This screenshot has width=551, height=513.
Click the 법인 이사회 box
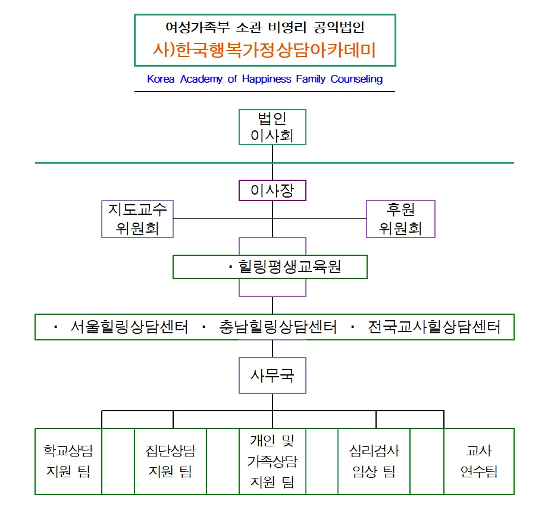273,127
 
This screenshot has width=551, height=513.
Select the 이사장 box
273,190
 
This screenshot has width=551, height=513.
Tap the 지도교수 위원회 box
137,219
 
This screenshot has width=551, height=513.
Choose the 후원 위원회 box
400,219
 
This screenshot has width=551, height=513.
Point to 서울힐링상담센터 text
129,327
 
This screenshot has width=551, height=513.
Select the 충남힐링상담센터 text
278,327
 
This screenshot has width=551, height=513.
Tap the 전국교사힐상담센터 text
434,327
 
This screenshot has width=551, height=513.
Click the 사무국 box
273,376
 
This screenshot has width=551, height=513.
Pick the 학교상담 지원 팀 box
68,461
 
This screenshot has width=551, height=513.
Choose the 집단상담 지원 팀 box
170,461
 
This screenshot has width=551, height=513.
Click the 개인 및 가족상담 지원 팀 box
273,461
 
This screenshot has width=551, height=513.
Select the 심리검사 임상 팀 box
374,461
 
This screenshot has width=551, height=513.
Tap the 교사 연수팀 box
479,461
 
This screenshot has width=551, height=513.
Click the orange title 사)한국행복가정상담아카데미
265,50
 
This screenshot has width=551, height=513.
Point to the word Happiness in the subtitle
267,79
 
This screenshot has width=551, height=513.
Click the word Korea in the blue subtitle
161,79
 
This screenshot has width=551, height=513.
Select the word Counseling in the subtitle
356,79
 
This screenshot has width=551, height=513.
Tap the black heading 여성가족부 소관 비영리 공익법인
265,27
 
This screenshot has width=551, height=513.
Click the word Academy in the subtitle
201,79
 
